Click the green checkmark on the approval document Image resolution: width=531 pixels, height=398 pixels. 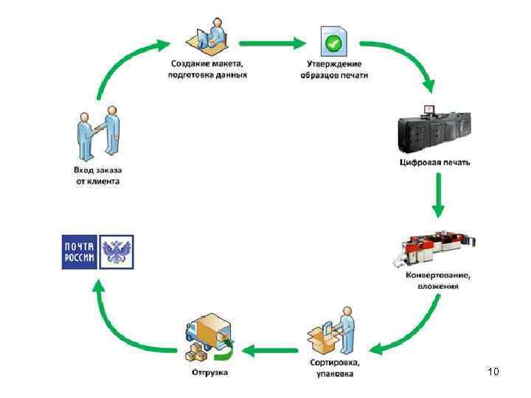335,43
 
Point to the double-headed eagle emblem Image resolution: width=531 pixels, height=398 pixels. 116,252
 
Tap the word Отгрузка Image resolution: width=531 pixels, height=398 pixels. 210,372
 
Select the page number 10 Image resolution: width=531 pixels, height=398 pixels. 493,371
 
